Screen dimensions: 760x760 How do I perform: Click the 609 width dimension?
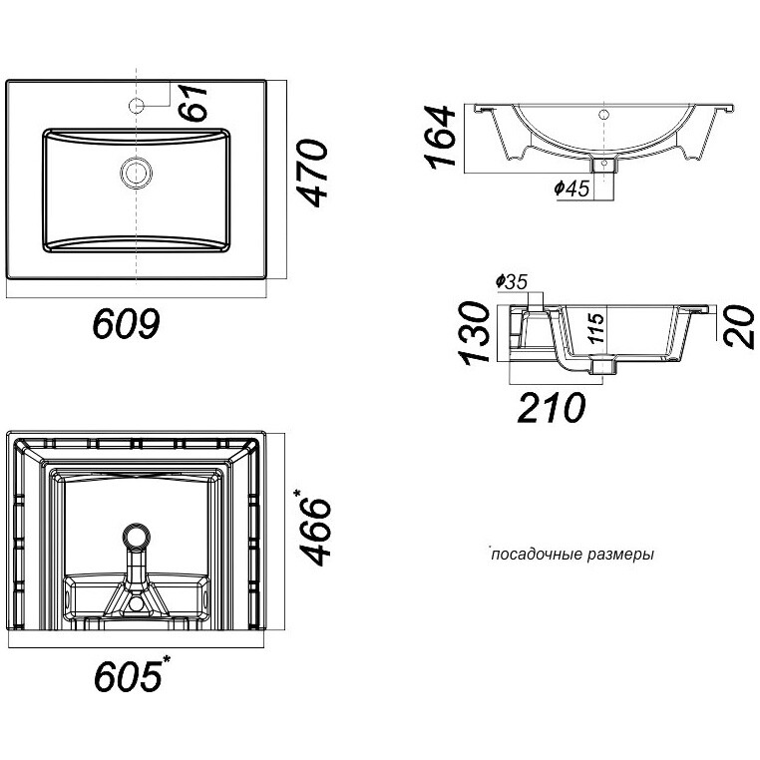point(126,323)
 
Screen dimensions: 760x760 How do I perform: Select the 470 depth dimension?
point(312,173)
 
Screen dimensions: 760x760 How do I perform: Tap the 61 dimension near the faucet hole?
point(192,103)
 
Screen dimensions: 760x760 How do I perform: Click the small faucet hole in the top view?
point(137,105)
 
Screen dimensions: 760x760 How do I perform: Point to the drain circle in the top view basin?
point(137,173)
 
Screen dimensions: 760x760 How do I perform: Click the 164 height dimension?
point(440,138)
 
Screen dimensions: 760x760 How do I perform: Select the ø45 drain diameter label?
point(571,189)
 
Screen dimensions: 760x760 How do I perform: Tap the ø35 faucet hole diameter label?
point(512,281)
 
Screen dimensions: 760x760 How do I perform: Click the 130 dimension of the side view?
point(475,333)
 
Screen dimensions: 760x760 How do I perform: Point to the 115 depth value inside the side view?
point(597,328)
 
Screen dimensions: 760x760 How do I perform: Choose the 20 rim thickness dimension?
point(739,326)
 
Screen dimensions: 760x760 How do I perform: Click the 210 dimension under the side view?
point(552,408)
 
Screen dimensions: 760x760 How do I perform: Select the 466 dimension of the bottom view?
point(315,532)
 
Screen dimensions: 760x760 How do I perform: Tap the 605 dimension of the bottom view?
point(128,676)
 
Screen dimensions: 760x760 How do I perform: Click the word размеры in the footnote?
point(620,555)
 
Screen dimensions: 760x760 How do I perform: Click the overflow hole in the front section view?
point(603,115)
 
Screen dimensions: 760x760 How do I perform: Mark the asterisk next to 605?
point(167,659)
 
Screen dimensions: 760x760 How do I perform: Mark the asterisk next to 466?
point(297,494)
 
